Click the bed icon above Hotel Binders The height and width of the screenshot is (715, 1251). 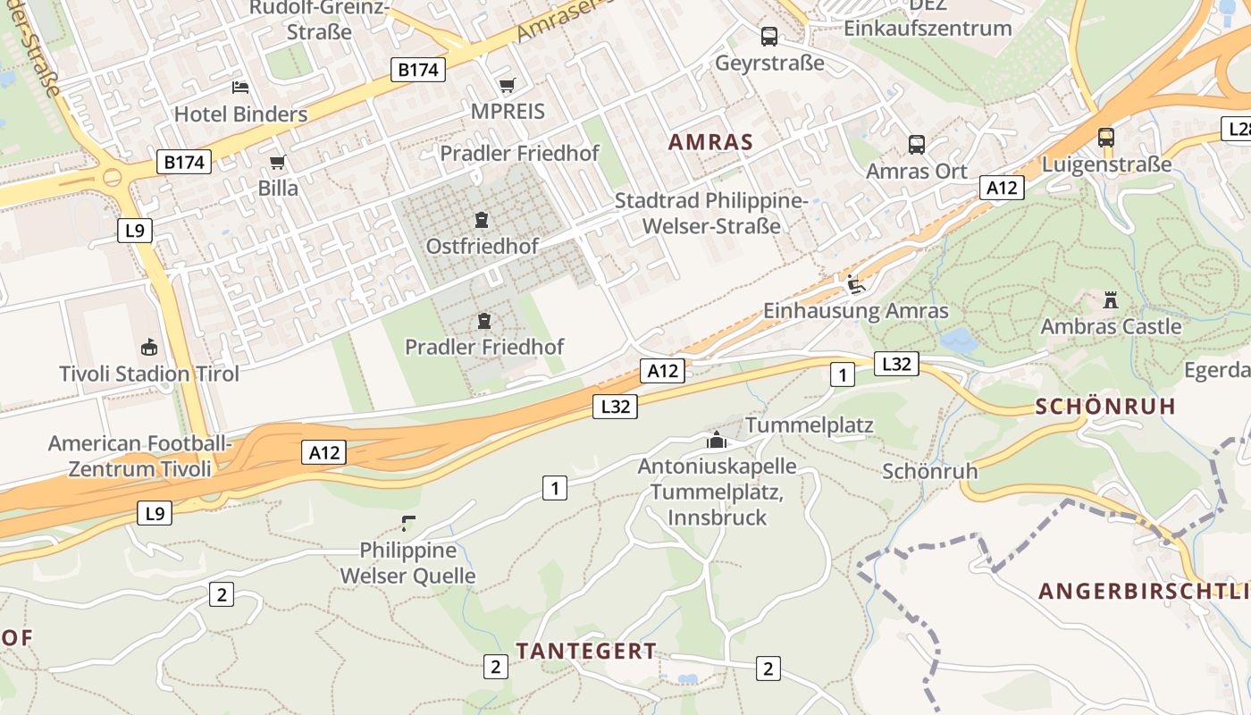tap(240, 87)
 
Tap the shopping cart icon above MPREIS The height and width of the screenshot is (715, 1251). tap(508, 85)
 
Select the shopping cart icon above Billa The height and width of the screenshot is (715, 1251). tap(277, 162)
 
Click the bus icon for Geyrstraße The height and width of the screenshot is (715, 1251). tap(768, 36)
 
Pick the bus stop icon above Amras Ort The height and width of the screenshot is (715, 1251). tap(916, 144)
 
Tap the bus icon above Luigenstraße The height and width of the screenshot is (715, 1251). tap(1105, 138)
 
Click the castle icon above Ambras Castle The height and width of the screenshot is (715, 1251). tap(1111, 299)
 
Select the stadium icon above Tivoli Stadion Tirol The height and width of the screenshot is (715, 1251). tap(148, 347)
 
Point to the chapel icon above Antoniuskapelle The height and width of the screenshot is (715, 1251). tap(716, 439)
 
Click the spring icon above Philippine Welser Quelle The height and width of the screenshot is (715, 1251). tap(408, 523)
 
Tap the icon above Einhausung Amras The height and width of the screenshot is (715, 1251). tap(855, 284)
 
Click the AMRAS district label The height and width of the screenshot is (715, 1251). tap(710, 141)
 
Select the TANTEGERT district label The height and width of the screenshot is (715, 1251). tap(586, 651)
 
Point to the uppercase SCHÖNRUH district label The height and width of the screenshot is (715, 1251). tap(1105, 407)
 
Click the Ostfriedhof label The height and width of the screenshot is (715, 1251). tap(482, 246)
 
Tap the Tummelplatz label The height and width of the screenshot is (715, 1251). tap(809, 425)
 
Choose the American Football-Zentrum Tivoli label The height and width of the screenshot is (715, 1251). tap(140, 456)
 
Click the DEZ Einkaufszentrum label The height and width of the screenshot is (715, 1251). tap(928, 18)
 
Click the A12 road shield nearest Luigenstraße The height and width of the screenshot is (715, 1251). tap(1002, 188)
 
